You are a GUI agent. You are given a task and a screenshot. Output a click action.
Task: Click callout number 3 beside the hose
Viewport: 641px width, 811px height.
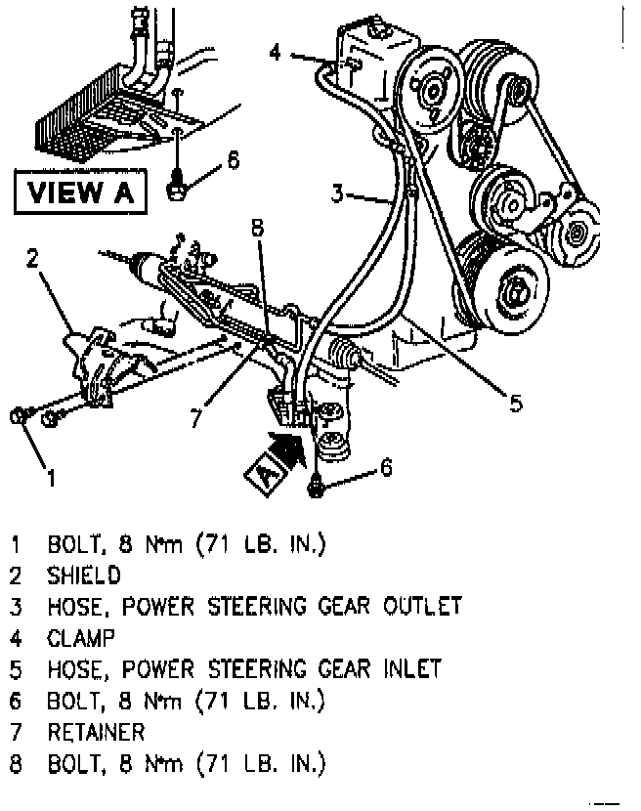pyautogui.click(x=337, y=195)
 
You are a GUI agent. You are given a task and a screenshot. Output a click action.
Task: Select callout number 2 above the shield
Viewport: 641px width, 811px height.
pyautogui.click(x=32, y=258)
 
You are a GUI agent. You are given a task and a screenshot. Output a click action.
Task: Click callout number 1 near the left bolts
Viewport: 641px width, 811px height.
pyautogui.click(x=51, y=478)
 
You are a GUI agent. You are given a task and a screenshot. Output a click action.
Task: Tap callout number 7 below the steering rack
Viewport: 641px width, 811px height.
pyautogui.click(x=196, y=417)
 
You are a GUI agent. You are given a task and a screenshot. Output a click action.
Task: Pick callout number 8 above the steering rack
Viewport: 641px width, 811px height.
pyautogui.click(x=256, y=230)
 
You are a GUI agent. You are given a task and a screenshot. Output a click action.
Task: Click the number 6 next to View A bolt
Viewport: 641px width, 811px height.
pyautogui.click(x=233, y=159)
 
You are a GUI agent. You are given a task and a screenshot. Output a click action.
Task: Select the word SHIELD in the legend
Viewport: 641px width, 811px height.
pyautogui.click(x=83, y=575)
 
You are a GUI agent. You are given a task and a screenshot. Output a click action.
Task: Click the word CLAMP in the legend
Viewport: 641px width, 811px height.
pyautogui.click(x=81, y=637)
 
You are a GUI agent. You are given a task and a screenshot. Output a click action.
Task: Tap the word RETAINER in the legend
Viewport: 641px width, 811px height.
pyautogui.click(x=96, y=731)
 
